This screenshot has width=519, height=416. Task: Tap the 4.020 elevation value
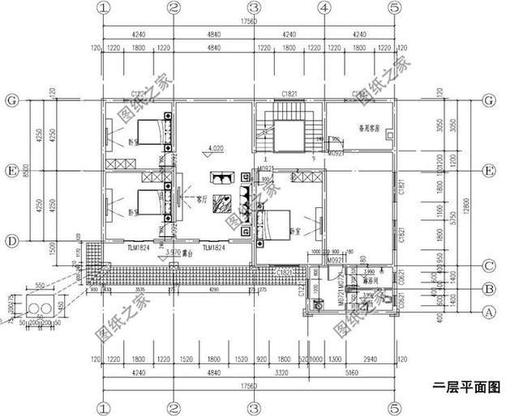(x=216, y=149)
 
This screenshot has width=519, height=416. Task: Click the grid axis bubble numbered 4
(x=324, y=8)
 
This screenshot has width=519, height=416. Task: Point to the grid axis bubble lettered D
(x=11, y=240)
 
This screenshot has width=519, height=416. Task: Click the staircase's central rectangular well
(x=288, y=133)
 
